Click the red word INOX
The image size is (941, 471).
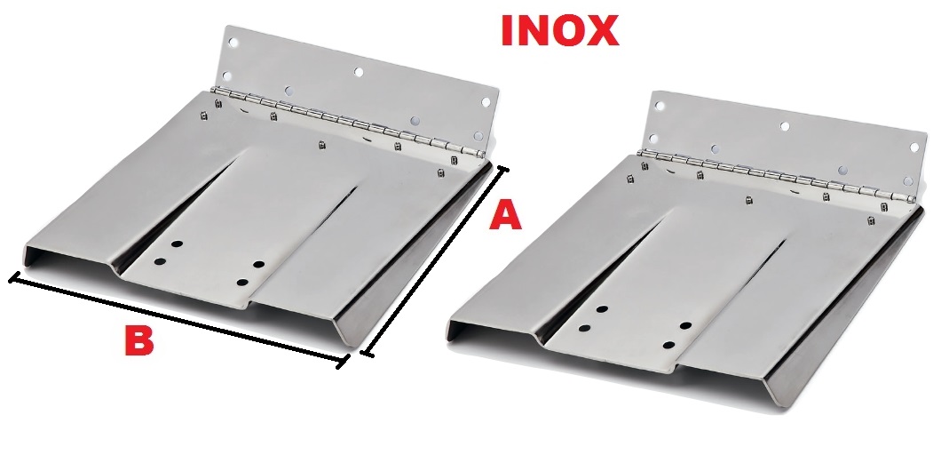559,30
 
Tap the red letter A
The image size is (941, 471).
505,216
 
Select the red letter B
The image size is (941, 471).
139,340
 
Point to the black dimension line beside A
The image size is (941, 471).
435,261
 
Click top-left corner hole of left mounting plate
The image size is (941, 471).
233,44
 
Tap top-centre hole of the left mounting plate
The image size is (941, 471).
359,72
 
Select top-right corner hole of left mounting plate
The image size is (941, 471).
486,103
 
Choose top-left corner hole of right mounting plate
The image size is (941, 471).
660,106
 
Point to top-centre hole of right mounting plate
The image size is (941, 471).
785,126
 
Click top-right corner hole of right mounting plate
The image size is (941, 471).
914,148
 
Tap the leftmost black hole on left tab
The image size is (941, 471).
160,261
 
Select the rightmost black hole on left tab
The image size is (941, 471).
258,264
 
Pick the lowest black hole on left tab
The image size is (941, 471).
242,283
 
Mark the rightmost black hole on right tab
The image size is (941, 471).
685,325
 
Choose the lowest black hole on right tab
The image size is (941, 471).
669,346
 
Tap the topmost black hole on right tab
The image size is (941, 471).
603,308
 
